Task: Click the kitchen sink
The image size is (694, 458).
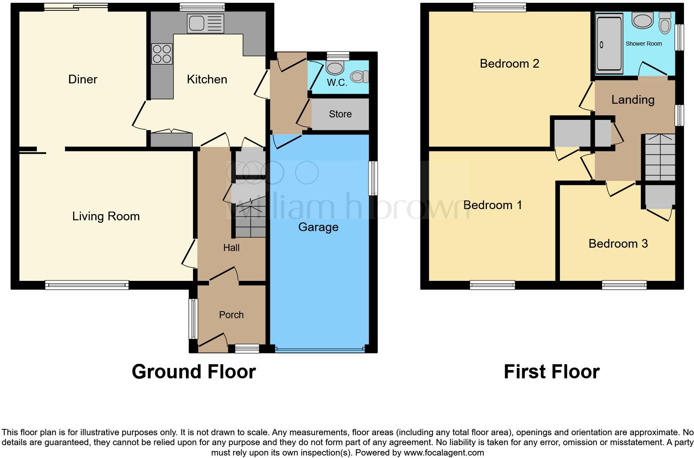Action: (205, 23)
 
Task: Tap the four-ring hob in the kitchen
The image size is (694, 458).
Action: (162, 54)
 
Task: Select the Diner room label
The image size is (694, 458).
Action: (83, 79)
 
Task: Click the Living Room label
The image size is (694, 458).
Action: (106, 216)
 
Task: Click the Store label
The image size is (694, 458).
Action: (340, 114)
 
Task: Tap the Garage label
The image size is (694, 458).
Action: (318, 227)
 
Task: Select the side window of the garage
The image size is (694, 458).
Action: (373, 178)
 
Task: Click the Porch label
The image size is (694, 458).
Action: (231, 315)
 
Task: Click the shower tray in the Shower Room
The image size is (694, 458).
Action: (609, 44)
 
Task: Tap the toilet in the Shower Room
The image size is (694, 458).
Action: (665, 24)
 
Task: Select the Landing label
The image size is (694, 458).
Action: (633, 100)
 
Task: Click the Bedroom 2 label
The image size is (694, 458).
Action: (509, 63)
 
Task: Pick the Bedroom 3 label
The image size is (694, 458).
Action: (618, 244)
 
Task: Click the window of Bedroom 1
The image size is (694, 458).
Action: (492, 285)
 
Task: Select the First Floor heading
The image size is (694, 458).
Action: (551, 372)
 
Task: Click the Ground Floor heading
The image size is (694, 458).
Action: (193, 372)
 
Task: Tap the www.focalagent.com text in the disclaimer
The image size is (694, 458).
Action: (444, 453)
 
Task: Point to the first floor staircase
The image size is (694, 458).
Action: (660, 157)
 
